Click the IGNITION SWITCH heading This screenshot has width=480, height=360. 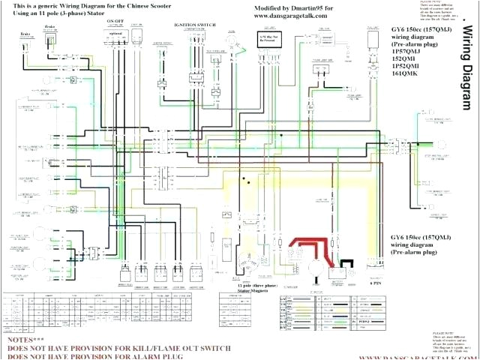pos(196,24)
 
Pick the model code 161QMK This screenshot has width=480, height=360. pos(402,74)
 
